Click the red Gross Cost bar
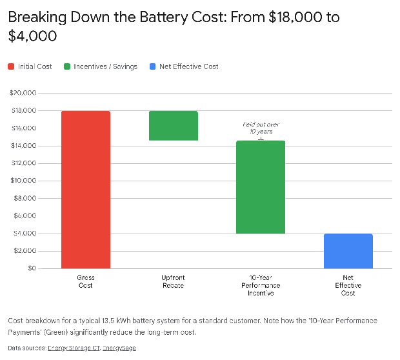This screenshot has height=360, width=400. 86,189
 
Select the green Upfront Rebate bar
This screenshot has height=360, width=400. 173,126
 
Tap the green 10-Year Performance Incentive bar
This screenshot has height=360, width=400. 261,187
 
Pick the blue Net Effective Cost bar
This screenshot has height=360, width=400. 348,250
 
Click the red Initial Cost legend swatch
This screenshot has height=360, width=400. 12,66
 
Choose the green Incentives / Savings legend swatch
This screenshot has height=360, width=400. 66,66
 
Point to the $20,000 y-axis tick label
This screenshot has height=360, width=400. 23,93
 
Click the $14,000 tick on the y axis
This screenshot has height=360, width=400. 23,146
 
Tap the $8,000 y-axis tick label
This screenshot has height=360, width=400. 24,198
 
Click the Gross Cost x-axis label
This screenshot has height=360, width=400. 86,281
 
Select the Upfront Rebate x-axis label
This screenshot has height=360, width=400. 173,281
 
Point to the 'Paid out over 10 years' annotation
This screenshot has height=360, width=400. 261,127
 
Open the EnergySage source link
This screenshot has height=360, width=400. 119,348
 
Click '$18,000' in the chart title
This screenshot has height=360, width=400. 290,17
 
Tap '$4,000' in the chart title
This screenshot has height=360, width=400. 32,36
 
